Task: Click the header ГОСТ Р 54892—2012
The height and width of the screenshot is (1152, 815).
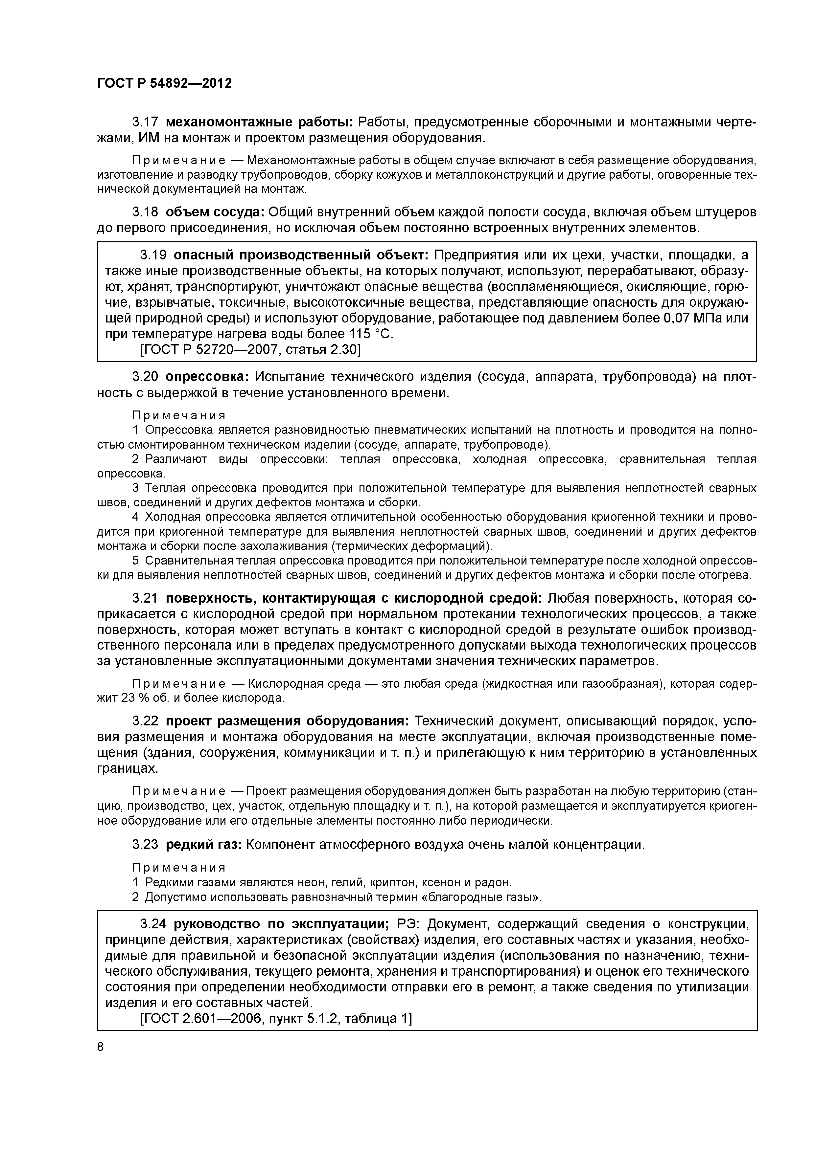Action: tap(164, 83)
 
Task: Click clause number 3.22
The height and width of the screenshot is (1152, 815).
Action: tap(145, 721)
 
